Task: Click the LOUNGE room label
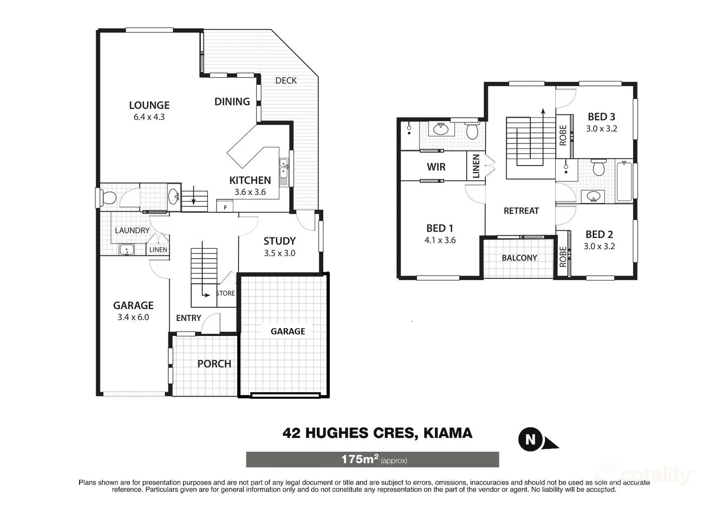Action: point(149,105)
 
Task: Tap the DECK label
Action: point(286,81)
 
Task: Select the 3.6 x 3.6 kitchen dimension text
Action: point(250,192)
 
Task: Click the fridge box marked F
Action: point(225,207)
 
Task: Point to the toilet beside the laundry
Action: point(109,198)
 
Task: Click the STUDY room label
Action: point(279,241)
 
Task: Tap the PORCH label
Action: point(214,364)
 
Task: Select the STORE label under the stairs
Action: point(225,293)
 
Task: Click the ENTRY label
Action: point(188,318)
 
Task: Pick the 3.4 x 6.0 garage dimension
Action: point(133,317)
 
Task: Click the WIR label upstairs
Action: point(436,167)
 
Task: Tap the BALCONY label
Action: point(519,258)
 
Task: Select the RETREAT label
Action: point(521,211)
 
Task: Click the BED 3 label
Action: point(601,117)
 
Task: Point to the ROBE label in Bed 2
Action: point(563,257)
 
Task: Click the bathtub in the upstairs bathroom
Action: point(624,181)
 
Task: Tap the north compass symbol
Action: point(531,439)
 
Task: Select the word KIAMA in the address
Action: point(447,433)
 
